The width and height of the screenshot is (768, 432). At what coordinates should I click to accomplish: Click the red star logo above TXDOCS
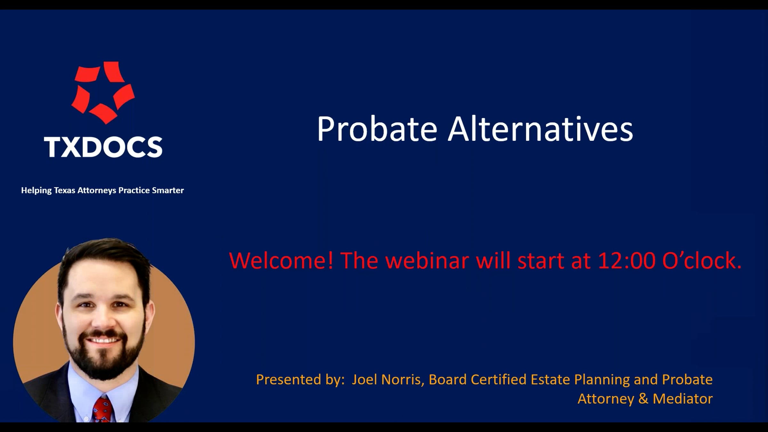103,92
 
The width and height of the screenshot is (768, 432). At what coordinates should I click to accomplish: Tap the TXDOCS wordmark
103,147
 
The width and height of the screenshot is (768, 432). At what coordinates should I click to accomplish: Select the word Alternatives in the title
540,129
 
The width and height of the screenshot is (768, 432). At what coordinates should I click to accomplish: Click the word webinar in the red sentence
427,260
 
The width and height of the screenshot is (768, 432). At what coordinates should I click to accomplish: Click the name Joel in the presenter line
364,380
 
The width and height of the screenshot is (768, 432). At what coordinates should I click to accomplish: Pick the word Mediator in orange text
683,399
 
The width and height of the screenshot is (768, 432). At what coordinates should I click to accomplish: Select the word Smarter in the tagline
168,190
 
